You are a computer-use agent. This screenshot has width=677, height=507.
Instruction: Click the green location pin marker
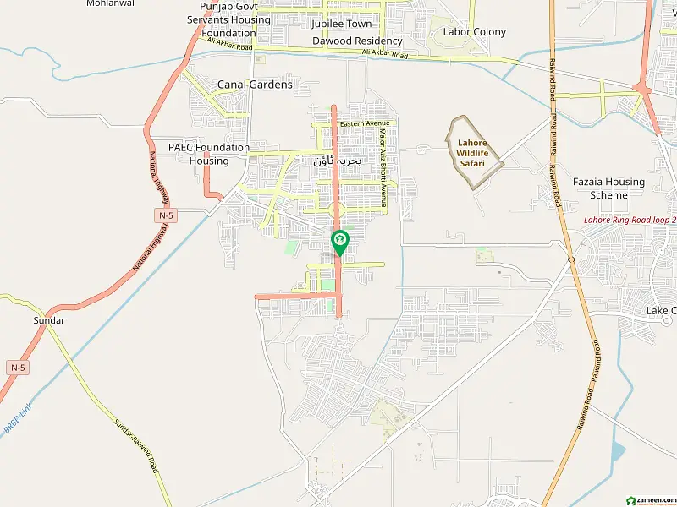point(339,243)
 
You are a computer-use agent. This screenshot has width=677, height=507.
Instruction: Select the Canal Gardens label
point(255,84)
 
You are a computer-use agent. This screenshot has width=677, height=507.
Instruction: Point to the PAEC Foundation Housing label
point(209,154)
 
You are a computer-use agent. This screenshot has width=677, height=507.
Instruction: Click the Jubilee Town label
point(341,24)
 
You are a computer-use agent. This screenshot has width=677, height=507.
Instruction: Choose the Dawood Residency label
point(357,41)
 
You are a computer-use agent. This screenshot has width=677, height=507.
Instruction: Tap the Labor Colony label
point(475,32)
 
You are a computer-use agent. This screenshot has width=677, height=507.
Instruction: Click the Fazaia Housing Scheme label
point(608,188)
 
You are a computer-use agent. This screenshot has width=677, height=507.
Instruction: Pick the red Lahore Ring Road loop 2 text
point(630,221)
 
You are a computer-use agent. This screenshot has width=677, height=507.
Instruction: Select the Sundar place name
point(49,321)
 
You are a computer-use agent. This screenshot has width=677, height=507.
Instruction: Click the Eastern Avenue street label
point(362,124)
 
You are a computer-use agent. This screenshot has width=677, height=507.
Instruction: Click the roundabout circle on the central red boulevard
point(337,210)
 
